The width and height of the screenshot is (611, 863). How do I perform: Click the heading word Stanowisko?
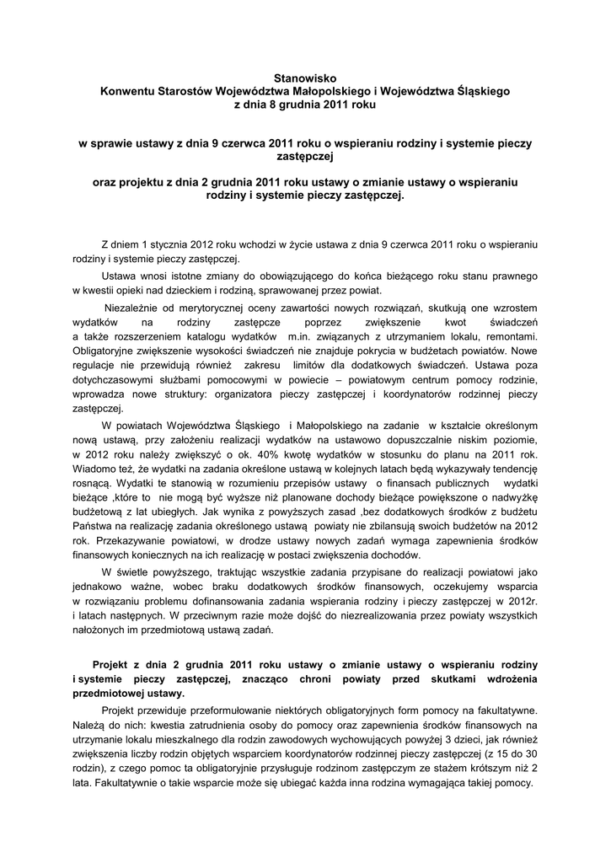pyautogui.click(x=305, y=78)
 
